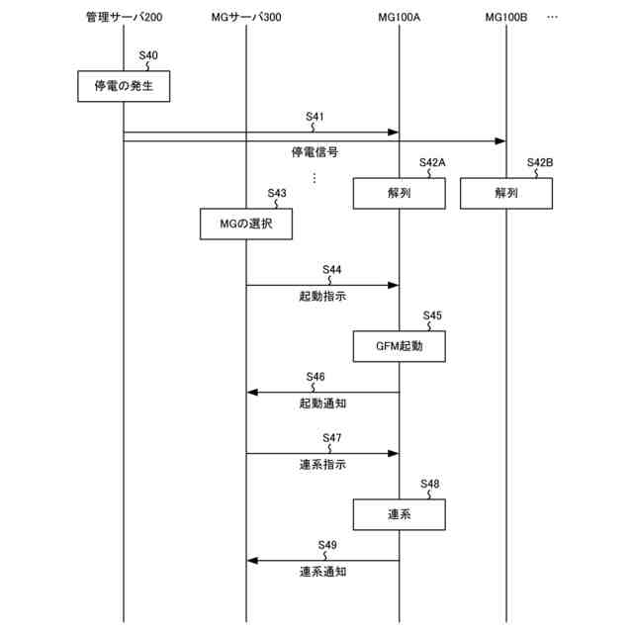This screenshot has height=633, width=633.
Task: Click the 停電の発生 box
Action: (124, 87)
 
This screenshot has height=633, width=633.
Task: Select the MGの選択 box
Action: (245, 225)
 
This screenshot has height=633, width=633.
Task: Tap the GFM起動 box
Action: (400, 346)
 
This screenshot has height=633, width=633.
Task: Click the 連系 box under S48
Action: (400, 514)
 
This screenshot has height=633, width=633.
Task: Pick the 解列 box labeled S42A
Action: (400, 194)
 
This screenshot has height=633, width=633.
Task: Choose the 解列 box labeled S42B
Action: (506, 194)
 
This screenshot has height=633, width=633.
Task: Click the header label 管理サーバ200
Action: (124, 19)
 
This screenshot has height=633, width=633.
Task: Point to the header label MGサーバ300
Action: (247, 19)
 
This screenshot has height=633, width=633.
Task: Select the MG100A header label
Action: (400, 19)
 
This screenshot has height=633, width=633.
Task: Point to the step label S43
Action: (277, 193)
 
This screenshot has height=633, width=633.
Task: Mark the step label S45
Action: (431, 316)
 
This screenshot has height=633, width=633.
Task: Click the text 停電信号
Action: (315, 152)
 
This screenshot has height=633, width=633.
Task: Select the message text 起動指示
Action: (322, 296)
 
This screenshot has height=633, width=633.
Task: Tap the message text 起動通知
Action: (322, 404)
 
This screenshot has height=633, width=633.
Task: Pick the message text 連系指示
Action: (322, 464)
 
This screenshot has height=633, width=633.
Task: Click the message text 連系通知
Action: (322, 572)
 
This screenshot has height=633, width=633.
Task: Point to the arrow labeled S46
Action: (322, 393)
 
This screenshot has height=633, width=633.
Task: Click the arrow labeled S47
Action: (322, 453)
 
